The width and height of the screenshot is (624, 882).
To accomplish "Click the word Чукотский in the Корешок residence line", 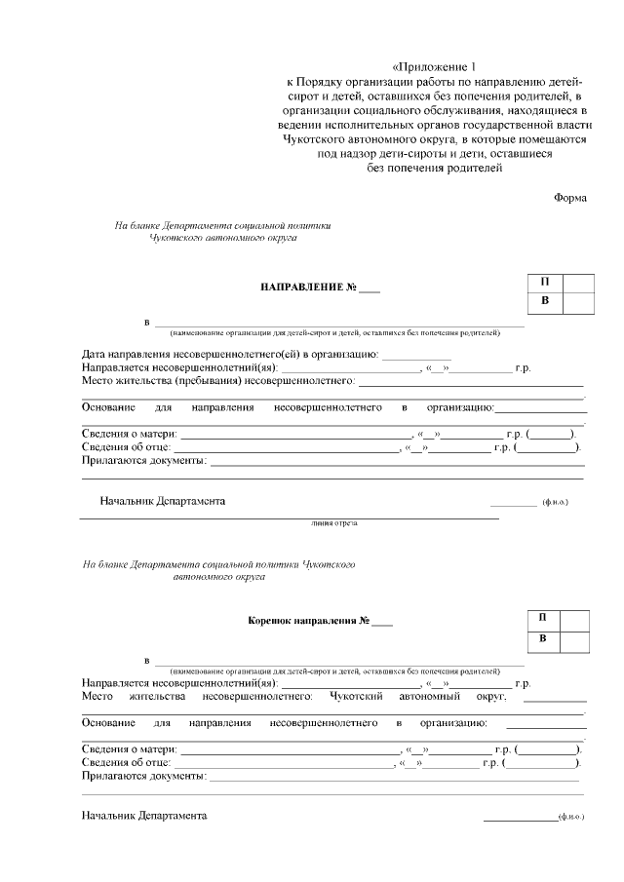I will click(x=357, y=697).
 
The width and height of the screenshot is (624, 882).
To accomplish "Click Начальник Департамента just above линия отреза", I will click(x=162, y=501).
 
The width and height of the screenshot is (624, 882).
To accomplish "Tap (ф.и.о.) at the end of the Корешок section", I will click(x=569, y=814).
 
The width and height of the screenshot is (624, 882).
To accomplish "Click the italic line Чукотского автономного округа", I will click(x=223, y=237).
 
